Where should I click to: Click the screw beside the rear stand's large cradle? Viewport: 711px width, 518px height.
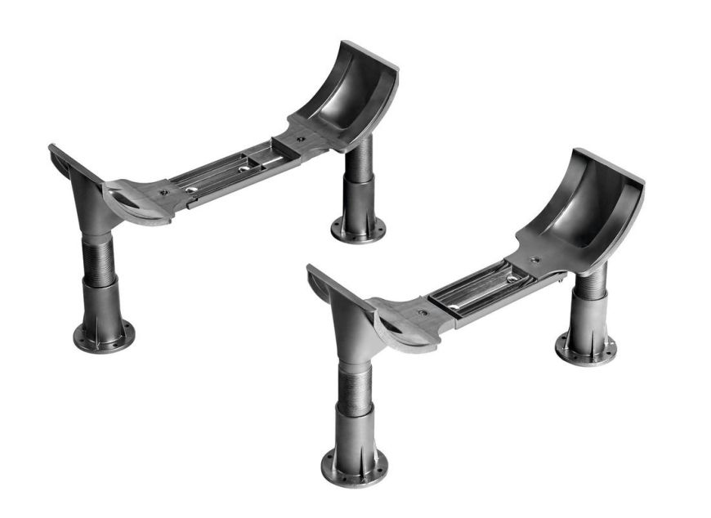(300, 140)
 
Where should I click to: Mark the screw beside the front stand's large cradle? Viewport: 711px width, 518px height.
(536, 260)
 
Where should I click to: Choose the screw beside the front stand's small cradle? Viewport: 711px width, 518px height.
(422, 312)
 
